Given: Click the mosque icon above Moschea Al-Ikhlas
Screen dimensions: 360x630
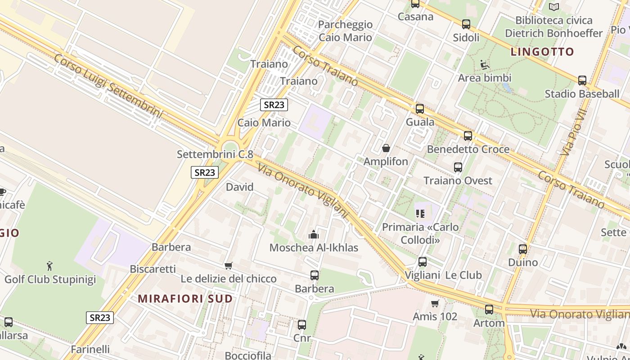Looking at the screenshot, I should tap(314, 234).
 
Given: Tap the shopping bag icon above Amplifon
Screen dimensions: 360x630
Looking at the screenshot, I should tap(386, 148).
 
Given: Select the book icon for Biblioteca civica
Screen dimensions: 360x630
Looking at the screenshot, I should tap(554, 7).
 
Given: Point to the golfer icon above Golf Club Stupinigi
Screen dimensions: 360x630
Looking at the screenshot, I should tap(49, 266).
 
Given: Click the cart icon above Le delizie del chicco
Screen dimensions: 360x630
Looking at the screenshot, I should tap(229, 265).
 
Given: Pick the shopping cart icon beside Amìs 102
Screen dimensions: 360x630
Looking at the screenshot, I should tap(435, 303).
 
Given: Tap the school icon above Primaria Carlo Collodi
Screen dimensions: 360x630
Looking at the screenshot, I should tap(420, 213).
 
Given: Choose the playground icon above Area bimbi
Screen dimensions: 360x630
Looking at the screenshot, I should tap(485, 65).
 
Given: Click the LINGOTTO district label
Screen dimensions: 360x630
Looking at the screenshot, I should tap(542, 52).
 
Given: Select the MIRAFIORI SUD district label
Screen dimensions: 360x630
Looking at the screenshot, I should tap(185, 298).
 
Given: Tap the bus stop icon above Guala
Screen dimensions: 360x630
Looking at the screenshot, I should tap(420, 108).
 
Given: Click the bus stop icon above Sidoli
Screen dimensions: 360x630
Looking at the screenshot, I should tap(466, 24).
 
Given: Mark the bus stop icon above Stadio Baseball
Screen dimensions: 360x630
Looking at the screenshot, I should tap(582, 81).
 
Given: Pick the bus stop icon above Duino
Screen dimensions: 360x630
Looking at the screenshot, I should tap(523, 249).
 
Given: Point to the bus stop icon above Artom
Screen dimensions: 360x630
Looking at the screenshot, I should tap(489, 310).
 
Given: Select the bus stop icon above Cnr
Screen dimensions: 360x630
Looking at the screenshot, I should tap(302, 324).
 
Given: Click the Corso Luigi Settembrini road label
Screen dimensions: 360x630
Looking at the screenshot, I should tap(108, 85).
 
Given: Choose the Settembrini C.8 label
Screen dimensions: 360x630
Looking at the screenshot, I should tap(215, 154).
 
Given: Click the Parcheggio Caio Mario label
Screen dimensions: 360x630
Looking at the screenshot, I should tap(345, 31).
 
